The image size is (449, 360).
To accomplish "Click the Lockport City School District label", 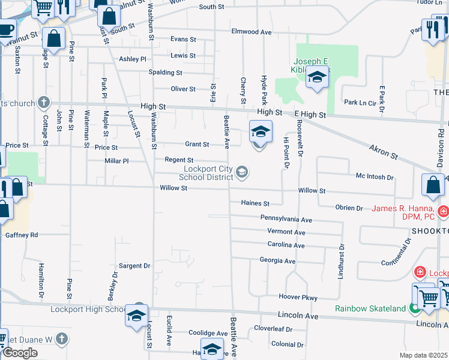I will point(208,173).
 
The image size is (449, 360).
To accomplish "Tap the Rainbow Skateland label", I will point(369,308).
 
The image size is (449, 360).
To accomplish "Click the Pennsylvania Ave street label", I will point(286,220).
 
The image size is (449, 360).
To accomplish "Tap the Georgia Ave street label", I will point(277,261).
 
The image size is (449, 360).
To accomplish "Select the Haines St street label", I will point(255,203).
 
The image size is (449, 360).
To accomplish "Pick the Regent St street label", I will point(179,160).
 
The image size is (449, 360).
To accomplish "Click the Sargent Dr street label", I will point(134,266).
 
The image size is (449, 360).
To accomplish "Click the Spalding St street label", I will point(165,73).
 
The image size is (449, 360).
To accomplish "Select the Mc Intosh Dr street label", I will point(375,178).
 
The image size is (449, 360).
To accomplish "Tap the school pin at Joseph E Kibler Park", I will point(317,77).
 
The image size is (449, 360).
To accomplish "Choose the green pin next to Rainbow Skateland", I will point(414,308).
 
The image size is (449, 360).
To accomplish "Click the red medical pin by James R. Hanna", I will point(443,211).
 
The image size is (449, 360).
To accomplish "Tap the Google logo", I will point(20,353).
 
